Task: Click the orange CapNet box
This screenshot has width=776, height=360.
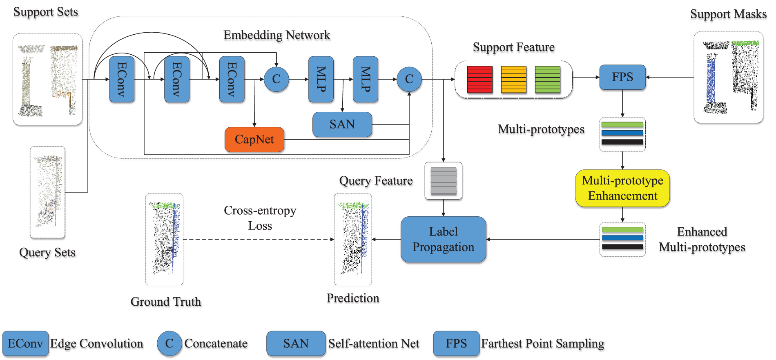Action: pos(254,140)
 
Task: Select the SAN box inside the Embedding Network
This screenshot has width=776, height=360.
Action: pos(342,124)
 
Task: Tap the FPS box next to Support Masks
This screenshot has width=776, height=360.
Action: pos(622,77)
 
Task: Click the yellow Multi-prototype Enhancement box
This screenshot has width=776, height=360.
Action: pos(622,188)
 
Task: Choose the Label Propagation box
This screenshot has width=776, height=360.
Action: pos(443,239)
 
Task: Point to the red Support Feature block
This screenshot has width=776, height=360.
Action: pos(479,80)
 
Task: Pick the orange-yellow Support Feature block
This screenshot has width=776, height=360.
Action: pos(513,80)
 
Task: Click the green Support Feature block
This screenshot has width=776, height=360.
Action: pos(547,80)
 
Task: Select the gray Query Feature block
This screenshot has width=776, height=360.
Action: pos(443,181)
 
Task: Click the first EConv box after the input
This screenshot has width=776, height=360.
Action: pos(122,79)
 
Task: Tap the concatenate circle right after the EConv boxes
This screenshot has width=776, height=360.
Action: pos(277,79)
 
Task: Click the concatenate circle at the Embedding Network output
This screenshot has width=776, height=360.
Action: pos(409,79)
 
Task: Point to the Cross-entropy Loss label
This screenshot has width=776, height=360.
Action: pos(260,218)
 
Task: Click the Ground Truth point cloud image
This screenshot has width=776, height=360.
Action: pos(164,239)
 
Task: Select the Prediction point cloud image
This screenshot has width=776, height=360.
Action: pos(353,239)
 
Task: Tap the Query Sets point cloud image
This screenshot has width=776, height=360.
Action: pos(48,192)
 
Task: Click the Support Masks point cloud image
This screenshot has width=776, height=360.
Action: pos(728,78)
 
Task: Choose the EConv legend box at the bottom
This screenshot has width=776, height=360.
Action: pos(25,343)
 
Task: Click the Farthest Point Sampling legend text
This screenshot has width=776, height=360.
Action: pos(542,344)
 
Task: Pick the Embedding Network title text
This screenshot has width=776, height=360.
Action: pos(277,35)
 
